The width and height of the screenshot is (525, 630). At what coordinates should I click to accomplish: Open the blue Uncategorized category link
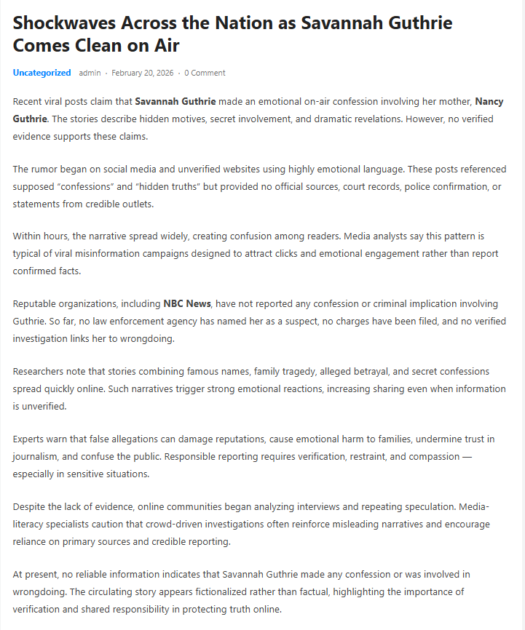coord(42,73)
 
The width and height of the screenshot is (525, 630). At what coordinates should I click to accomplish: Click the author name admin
coord(90,73)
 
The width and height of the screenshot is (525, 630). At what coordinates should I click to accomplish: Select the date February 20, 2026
coord(142,73)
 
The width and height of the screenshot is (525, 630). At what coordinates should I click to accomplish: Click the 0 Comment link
coord(205,73)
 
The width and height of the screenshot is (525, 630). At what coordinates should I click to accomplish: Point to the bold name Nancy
coord(489,101)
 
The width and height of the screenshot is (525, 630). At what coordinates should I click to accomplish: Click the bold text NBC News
coord(187,303)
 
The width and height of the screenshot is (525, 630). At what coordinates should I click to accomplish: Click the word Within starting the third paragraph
coord(27,236)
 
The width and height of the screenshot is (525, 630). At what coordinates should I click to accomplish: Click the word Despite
coord(29,506)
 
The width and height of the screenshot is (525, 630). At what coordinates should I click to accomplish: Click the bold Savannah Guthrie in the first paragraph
coord(175,101)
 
